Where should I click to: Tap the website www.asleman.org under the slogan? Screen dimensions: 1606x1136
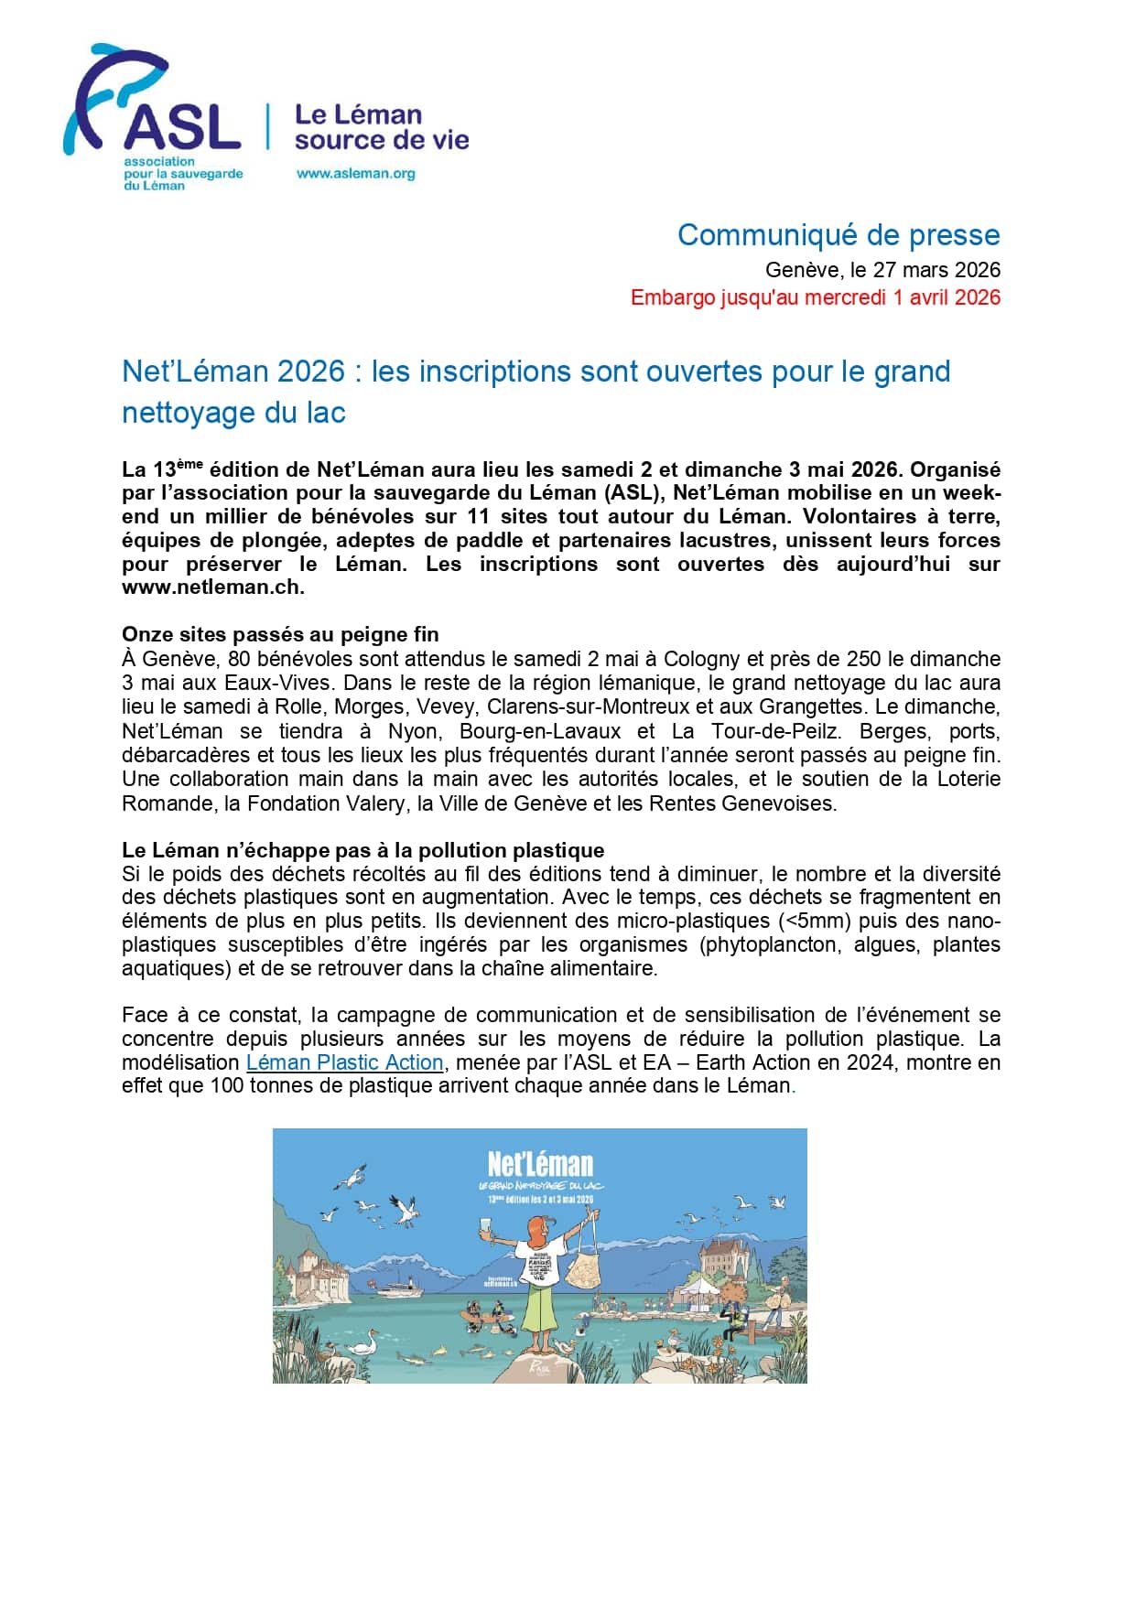[355, 173]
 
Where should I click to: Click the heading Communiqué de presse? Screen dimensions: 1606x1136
[838, 235]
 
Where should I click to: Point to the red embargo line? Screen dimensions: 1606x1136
[815, 297]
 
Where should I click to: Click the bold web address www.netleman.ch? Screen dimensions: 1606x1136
[212, 587]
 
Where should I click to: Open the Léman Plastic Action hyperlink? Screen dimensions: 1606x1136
[345, 1062]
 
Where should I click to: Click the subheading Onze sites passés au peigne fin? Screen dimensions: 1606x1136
[280, 634]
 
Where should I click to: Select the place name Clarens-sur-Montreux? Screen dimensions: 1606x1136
[585, 706]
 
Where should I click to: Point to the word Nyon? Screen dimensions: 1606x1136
[413, 731]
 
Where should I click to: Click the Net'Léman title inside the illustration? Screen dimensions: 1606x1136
[540, 1164]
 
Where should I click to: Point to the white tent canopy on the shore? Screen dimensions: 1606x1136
[704, 1287]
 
